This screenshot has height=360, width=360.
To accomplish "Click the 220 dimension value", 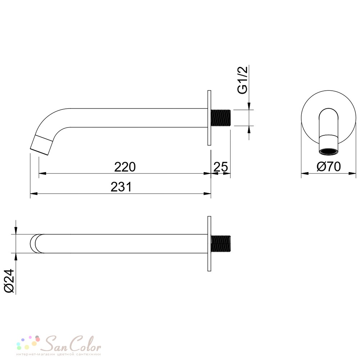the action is click(x=125, y=167).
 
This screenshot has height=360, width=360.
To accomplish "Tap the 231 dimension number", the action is click(x=121, y=187).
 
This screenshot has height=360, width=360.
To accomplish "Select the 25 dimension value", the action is click(x=221, y=167).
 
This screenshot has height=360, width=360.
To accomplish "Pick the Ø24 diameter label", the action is click(x=10, y=281).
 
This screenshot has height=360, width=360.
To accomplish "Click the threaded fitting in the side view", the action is click(x=221, y=118).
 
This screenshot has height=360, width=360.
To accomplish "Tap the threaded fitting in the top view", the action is click(x=221, y=243).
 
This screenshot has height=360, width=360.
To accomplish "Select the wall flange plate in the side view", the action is click(x=209, y=118).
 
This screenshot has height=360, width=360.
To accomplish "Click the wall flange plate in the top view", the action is click(x=209, y=244).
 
